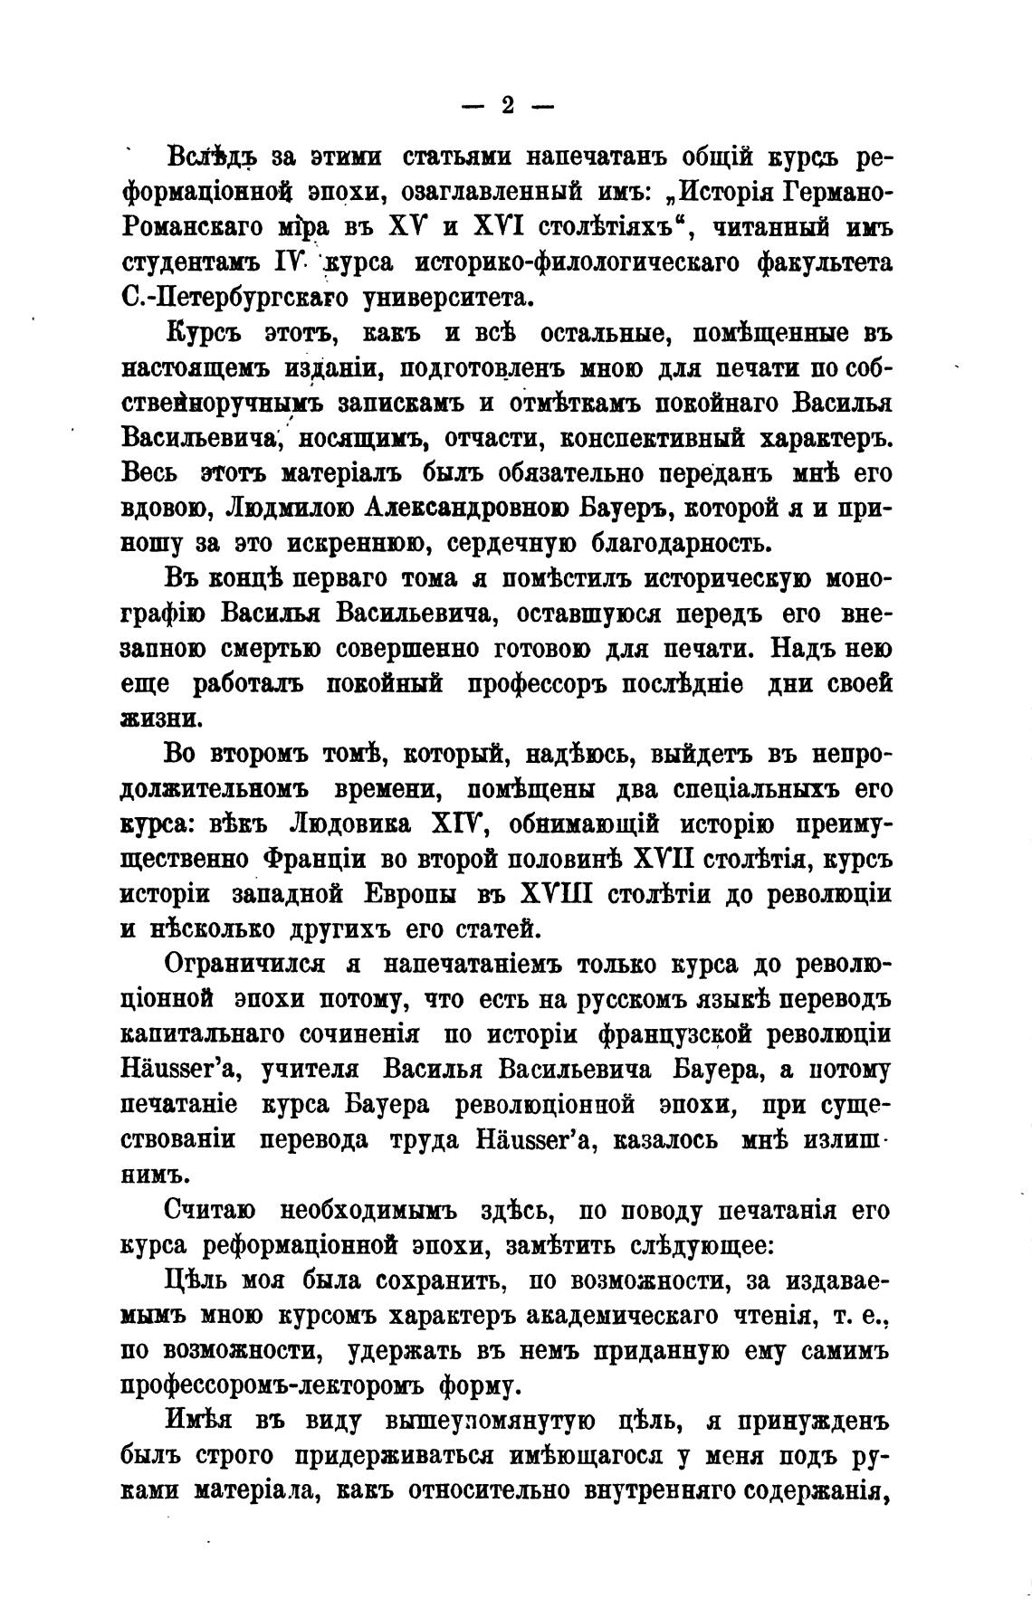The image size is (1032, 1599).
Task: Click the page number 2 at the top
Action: [x=507, y=106]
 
